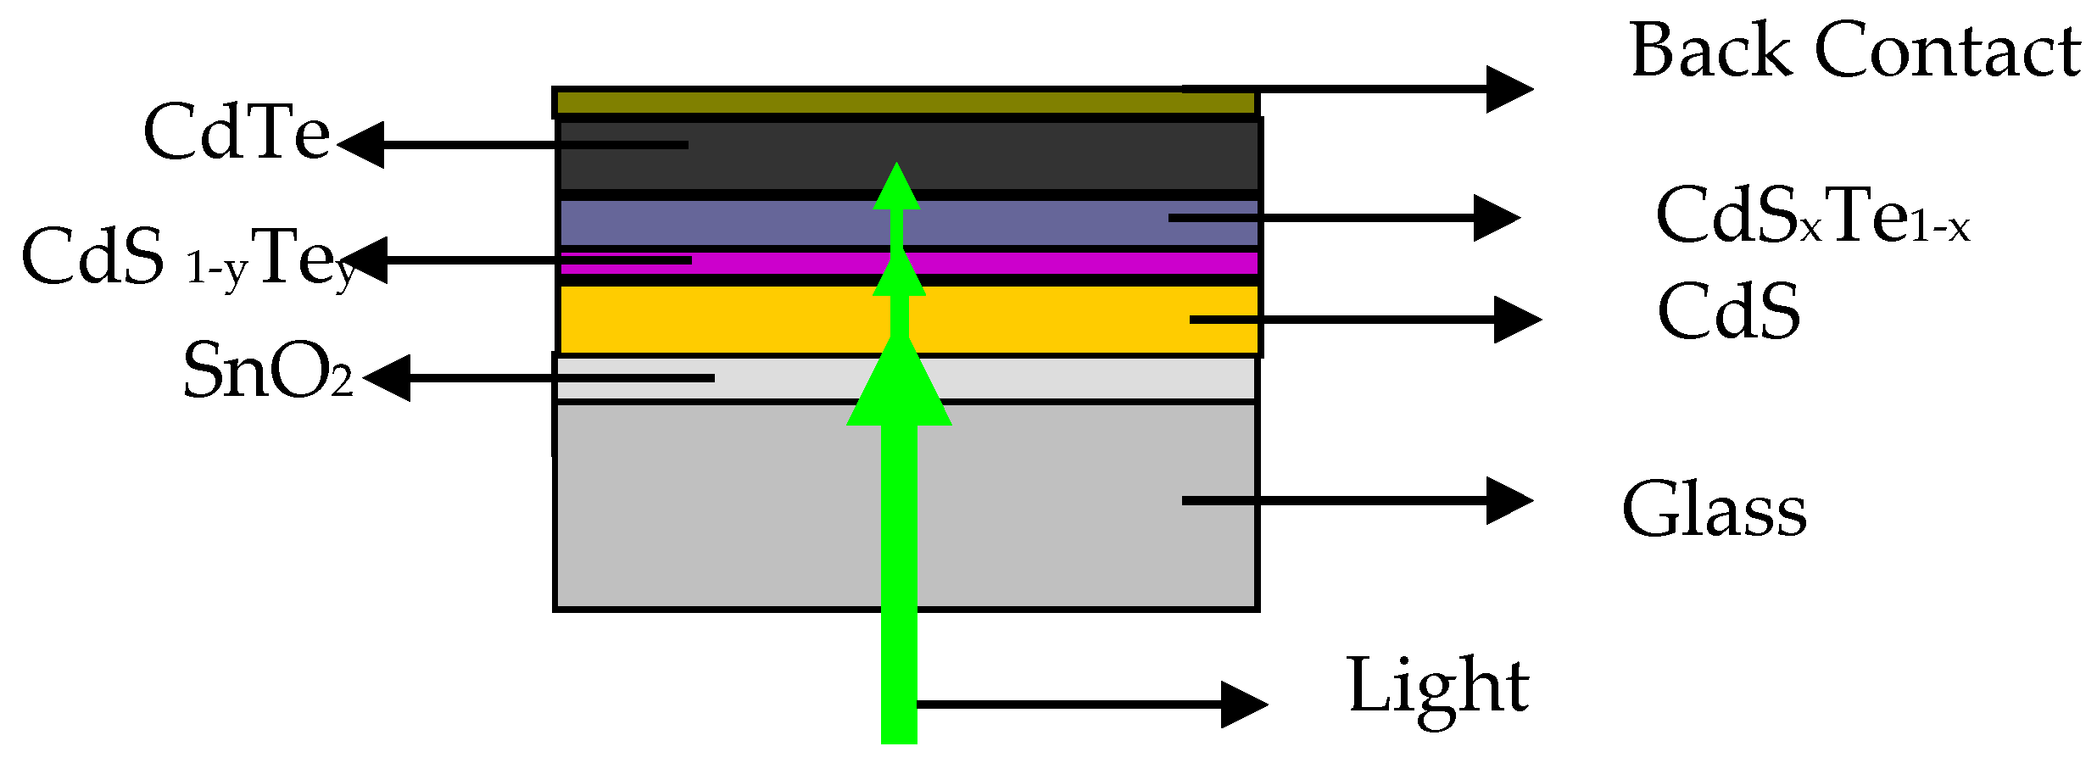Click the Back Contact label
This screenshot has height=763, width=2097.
[x=1854, y=51]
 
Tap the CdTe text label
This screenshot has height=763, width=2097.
[x=237, y=132]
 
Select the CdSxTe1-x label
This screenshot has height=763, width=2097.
[x=1812, y=217]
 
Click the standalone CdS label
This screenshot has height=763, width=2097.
[x=1728, y=312]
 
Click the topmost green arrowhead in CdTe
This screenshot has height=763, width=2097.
[x=897, y=188]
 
